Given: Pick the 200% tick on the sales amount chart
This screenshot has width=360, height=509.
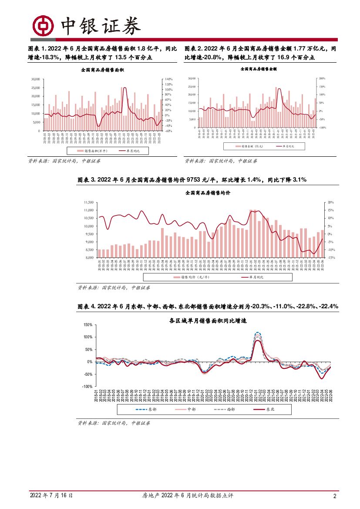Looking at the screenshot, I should click(x=323, y=78).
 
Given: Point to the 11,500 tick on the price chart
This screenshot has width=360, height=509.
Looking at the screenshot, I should click(x=89, y=202).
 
